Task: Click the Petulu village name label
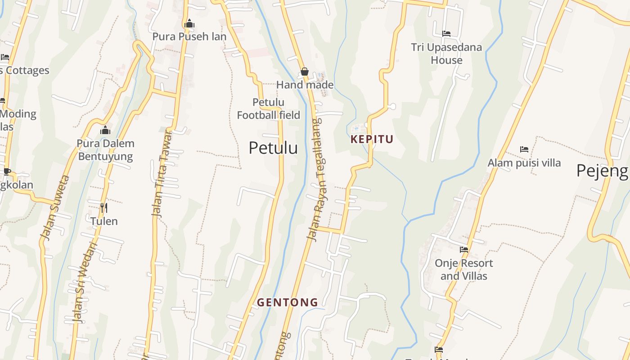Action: point(273,148)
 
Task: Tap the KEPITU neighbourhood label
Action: point(372,139)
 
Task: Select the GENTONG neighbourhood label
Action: point(288,302)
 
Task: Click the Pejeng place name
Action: point(602,171)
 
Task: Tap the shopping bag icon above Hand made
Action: point(305,72)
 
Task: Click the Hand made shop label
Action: point(305,85)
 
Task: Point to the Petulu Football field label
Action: point(269,109)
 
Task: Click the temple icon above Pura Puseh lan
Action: point(189,23)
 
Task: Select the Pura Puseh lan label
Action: point(189,36)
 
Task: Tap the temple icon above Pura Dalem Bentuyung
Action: point(105,130)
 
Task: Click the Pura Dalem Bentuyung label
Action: point(106,150)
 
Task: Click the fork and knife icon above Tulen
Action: point(103,207)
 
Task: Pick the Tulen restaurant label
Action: point(104,221)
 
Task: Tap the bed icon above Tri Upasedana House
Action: point(446,34)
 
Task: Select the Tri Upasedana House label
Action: point(446,54)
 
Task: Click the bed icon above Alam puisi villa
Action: point(524,149)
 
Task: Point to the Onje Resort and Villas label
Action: point(464,269)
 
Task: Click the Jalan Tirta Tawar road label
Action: point(162,173)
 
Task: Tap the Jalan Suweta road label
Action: point(55,208)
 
